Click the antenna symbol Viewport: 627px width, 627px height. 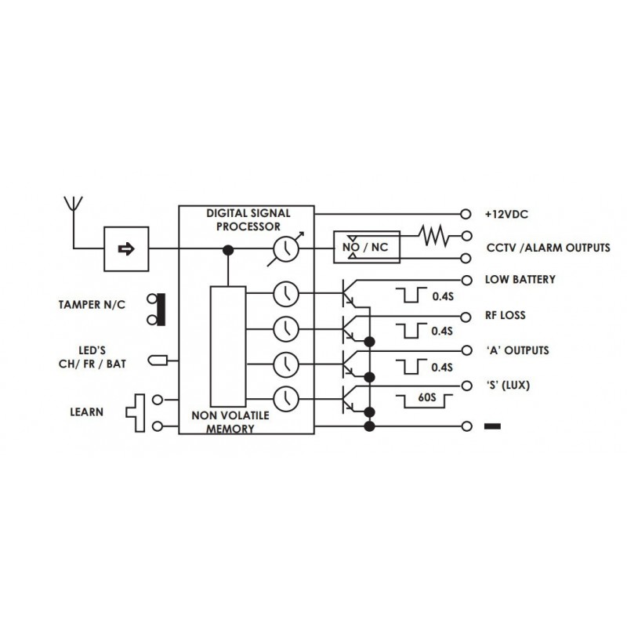click(73, 205)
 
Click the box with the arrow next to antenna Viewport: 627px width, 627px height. click(126, 249)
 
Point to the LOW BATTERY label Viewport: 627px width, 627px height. click(520, 280)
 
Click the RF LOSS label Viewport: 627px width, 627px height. click(505, 316)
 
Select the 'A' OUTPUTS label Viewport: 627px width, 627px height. click(516, 350)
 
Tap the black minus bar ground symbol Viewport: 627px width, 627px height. click(494, 427)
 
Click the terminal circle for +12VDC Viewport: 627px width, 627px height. click(466, 213)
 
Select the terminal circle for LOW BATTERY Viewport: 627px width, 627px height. click(466, 280)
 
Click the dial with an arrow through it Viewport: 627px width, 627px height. click(285, 250)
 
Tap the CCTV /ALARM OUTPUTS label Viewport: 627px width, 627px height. click(547, 248)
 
